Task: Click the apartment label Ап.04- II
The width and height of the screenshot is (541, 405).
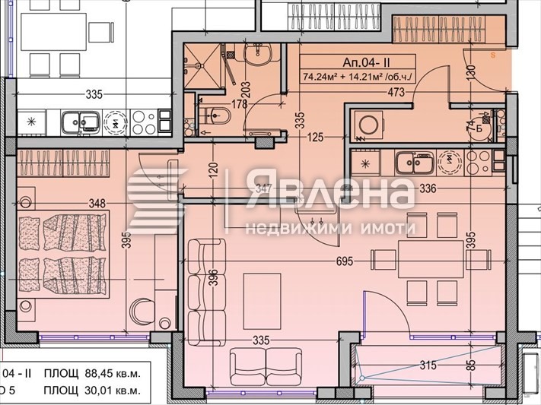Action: pyautogui.click(x=357, y=62)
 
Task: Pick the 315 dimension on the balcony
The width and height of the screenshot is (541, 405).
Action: pyautogui.click(x=428, y=365)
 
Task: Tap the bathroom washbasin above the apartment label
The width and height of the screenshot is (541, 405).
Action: pyautogui.click(x=256, y=52)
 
